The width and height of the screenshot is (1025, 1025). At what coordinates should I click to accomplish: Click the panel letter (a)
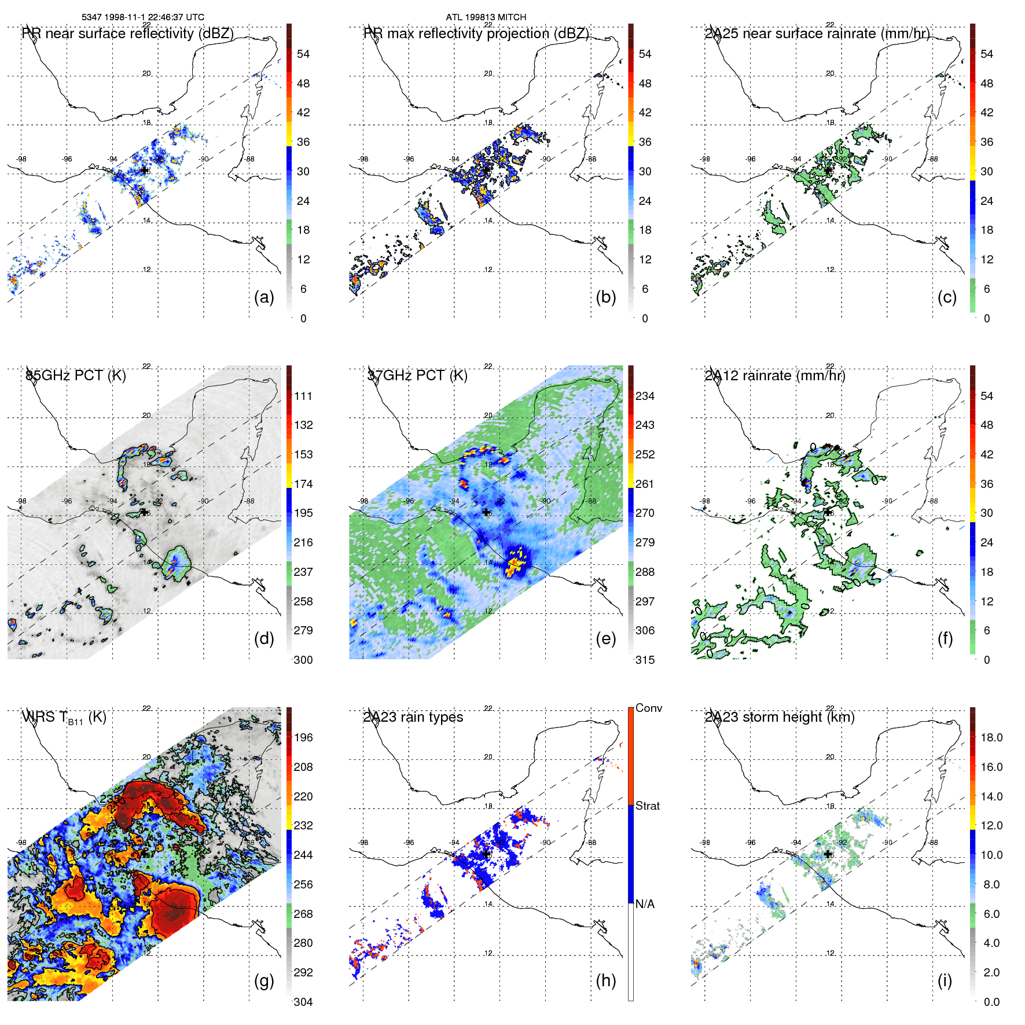[264, 297]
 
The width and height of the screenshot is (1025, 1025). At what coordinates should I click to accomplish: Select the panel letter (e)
[605, 638]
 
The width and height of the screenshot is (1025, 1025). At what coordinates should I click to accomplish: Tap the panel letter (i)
[945, 980]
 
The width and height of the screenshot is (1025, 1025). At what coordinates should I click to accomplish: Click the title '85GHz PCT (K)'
[76, 375]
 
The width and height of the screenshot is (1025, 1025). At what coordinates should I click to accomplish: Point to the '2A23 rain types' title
[413, 717]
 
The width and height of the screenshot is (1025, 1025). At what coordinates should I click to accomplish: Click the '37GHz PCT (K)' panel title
[417, 375]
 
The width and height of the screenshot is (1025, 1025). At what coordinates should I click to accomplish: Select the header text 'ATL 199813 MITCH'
[486, 17]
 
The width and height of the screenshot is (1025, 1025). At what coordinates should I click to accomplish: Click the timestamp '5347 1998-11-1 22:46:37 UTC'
[143, 17]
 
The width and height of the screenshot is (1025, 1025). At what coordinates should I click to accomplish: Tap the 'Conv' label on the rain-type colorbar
[649, 708]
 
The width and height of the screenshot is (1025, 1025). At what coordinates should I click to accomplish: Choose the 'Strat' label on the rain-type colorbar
[648, 806]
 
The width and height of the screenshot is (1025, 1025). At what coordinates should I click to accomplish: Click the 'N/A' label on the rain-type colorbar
[645, 904]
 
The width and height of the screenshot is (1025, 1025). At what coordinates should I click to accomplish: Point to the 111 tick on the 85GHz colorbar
[303, 396]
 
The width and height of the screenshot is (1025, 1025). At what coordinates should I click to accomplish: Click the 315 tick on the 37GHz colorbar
[645, 660]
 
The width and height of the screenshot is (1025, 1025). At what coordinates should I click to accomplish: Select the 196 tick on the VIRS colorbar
[303, 737]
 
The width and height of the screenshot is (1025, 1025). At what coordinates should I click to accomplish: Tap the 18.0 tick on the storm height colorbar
[991, 737]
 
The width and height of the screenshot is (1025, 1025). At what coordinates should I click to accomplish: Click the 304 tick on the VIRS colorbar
[303, 1002]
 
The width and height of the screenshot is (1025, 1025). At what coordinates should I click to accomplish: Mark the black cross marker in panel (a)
[144, 170]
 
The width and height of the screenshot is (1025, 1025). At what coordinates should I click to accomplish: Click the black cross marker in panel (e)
[486, 512]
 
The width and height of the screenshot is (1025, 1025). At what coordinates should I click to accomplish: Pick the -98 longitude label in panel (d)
[21, 501]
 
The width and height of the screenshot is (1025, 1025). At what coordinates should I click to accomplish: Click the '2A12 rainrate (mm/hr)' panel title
[775, 375]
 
